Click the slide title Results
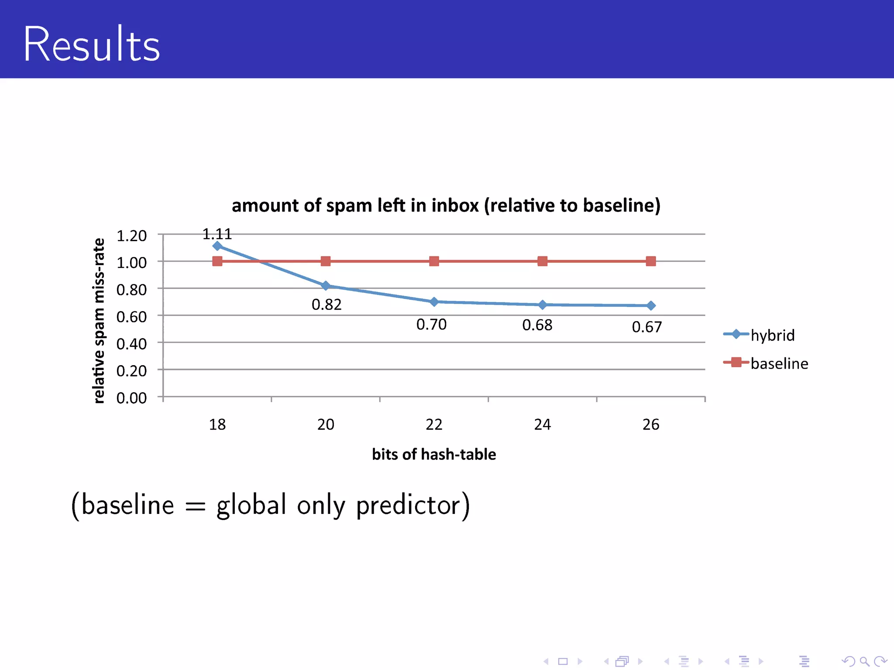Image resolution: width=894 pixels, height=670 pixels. click(x=92, y=44)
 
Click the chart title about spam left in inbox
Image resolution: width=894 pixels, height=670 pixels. click(x=446, y=205)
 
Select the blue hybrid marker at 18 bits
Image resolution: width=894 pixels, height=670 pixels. click(x=217, y=246)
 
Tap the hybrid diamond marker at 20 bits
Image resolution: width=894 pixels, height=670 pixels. click(x=326, y=286)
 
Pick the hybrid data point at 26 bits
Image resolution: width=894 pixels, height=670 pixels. click(x=651, y=306)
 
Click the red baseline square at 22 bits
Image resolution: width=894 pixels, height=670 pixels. click(x=434, y=261)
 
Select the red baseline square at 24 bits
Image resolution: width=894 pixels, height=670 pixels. click(x=542, y=261)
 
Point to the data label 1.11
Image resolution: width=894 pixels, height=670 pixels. click(x=217, y=234)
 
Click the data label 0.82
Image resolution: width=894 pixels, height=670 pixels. click(x=327, y=304)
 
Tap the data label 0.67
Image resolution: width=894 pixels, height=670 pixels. click(x=647, y=327)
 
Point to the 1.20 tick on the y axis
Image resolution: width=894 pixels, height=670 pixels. click(x=131, y=236)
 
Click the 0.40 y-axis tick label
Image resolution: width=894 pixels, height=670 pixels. click(x=131, y=344)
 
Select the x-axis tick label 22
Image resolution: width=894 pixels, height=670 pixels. click(x=434, y=424)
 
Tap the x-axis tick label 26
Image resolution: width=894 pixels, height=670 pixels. click(x=651, y=424)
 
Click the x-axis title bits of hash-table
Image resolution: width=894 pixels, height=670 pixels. click(x=434, y=455)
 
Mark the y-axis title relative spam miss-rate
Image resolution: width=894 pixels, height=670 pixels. click(x=99, y=321)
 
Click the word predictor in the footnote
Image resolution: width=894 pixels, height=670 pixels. click(x=413, y=505)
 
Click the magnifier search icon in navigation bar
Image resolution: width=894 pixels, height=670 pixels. click(x=864, y=662)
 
